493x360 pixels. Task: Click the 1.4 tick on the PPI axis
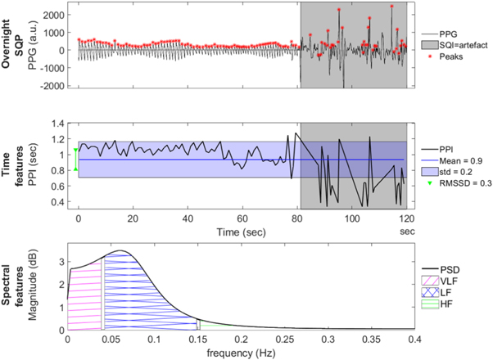click(59, 124)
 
